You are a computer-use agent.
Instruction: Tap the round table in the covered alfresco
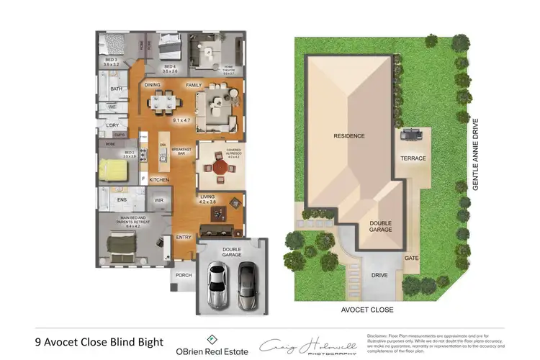tap(219, 167)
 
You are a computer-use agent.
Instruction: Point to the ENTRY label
tap(184, 238)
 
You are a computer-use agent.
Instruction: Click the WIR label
tap(160, 200)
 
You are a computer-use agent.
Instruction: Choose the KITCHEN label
tap(159, 179)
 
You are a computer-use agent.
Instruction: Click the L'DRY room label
tap(112, 125)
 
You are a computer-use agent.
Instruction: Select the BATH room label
tap(116, 89)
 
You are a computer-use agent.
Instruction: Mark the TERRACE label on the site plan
tap(413, 158)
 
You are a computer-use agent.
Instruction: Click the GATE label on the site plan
tap(411, 257)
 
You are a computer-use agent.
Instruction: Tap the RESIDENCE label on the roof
tap(348, 135)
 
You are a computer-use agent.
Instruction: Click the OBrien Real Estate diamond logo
tap(212, 339)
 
